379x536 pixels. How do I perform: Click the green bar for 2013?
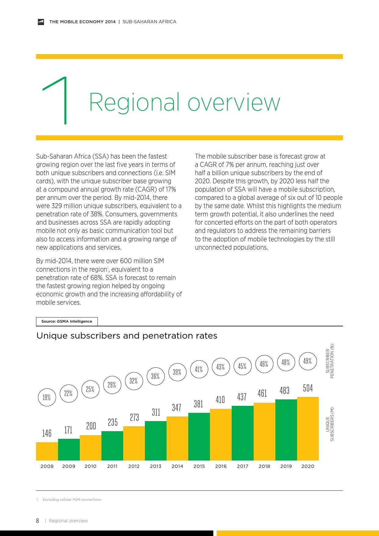pos(156,441)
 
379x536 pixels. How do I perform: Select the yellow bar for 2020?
pos(308,428)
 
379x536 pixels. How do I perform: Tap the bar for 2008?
pos(47,451)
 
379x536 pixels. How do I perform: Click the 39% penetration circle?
pos(177,372)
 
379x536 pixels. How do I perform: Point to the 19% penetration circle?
pos(47,397)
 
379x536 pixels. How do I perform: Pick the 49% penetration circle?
pos(307,361)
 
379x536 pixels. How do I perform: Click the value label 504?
pos(308,388)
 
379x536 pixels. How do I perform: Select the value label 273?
pos(134,417)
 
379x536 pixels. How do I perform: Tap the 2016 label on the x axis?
pos(221,466)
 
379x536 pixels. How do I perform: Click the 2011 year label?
pos(112,466)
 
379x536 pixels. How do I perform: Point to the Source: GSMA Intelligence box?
pos(67,321)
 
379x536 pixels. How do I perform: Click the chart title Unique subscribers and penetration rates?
pos(127,336)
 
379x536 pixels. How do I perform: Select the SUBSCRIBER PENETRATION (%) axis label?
pos(330,361)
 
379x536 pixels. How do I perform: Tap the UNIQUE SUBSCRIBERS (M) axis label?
pos(330,424)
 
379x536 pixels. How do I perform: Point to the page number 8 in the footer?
pos(38,521)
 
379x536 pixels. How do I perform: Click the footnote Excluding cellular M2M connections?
pos(72,500)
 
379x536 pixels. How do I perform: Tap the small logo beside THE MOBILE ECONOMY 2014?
pos(41,22)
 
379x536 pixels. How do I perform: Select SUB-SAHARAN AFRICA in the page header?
pos(149,22)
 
